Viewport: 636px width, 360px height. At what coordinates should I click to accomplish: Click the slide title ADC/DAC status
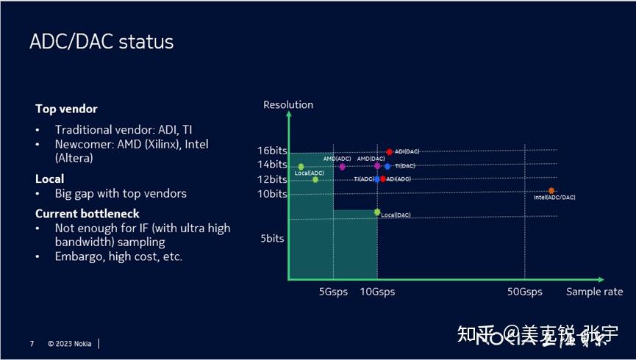(101, 42)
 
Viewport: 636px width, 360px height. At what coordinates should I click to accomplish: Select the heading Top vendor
(66, 109)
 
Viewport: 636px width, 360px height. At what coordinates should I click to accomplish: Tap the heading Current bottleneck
(87, 214)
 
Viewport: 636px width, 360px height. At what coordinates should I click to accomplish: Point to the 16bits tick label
(272, 151)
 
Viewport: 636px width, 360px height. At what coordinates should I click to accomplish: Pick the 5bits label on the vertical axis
(272, 239)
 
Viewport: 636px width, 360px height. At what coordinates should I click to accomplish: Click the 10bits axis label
(272, 194)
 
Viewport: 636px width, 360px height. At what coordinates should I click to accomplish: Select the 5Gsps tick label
(333, 292)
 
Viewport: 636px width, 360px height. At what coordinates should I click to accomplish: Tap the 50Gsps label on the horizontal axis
(524, 292)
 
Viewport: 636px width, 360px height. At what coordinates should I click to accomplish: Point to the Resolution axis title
(288, 105)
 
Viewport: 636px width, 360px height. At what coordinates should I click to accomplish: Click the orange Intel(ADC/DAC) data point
(551, 190)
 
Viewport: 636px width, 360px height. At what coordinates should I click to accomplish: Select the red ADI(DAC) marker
(389, 152)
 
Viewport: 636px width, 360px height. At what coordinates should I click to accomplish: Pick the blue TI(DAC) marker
(387, 166)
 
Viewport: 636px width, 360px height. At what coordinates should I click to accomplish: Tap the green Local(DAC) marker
(377, 212)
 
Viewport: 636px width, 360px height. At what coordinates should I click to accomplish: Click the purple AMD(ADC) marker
(343, 167)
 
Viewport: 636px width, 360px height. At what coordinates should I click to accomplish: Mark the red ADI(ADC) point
(383, 179)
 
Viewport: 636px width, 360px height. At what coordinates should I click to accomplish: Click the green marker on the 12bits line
(315, 179)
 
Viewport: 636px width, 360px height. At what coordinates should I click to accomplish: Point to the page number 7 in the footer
(32, 344)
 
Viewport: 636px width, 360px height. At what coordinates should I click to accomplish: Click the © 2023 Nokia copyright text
(70, 344)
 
